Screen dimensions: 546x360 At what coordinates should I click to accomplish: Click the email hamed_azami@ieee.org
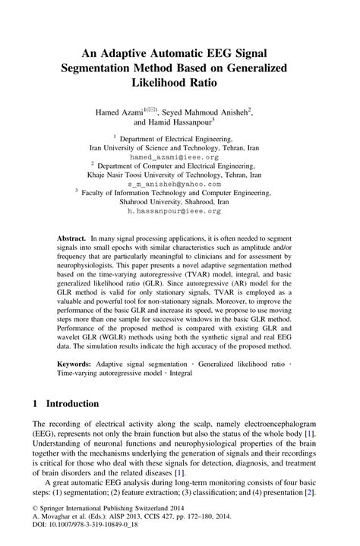click(179, 157)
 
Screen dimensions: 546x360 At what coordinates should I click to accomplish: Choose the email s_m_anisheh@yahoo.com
click(179, 185)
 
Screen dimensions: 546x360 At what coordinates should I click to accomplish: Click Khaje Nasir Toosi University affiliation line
click(179, 175)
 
